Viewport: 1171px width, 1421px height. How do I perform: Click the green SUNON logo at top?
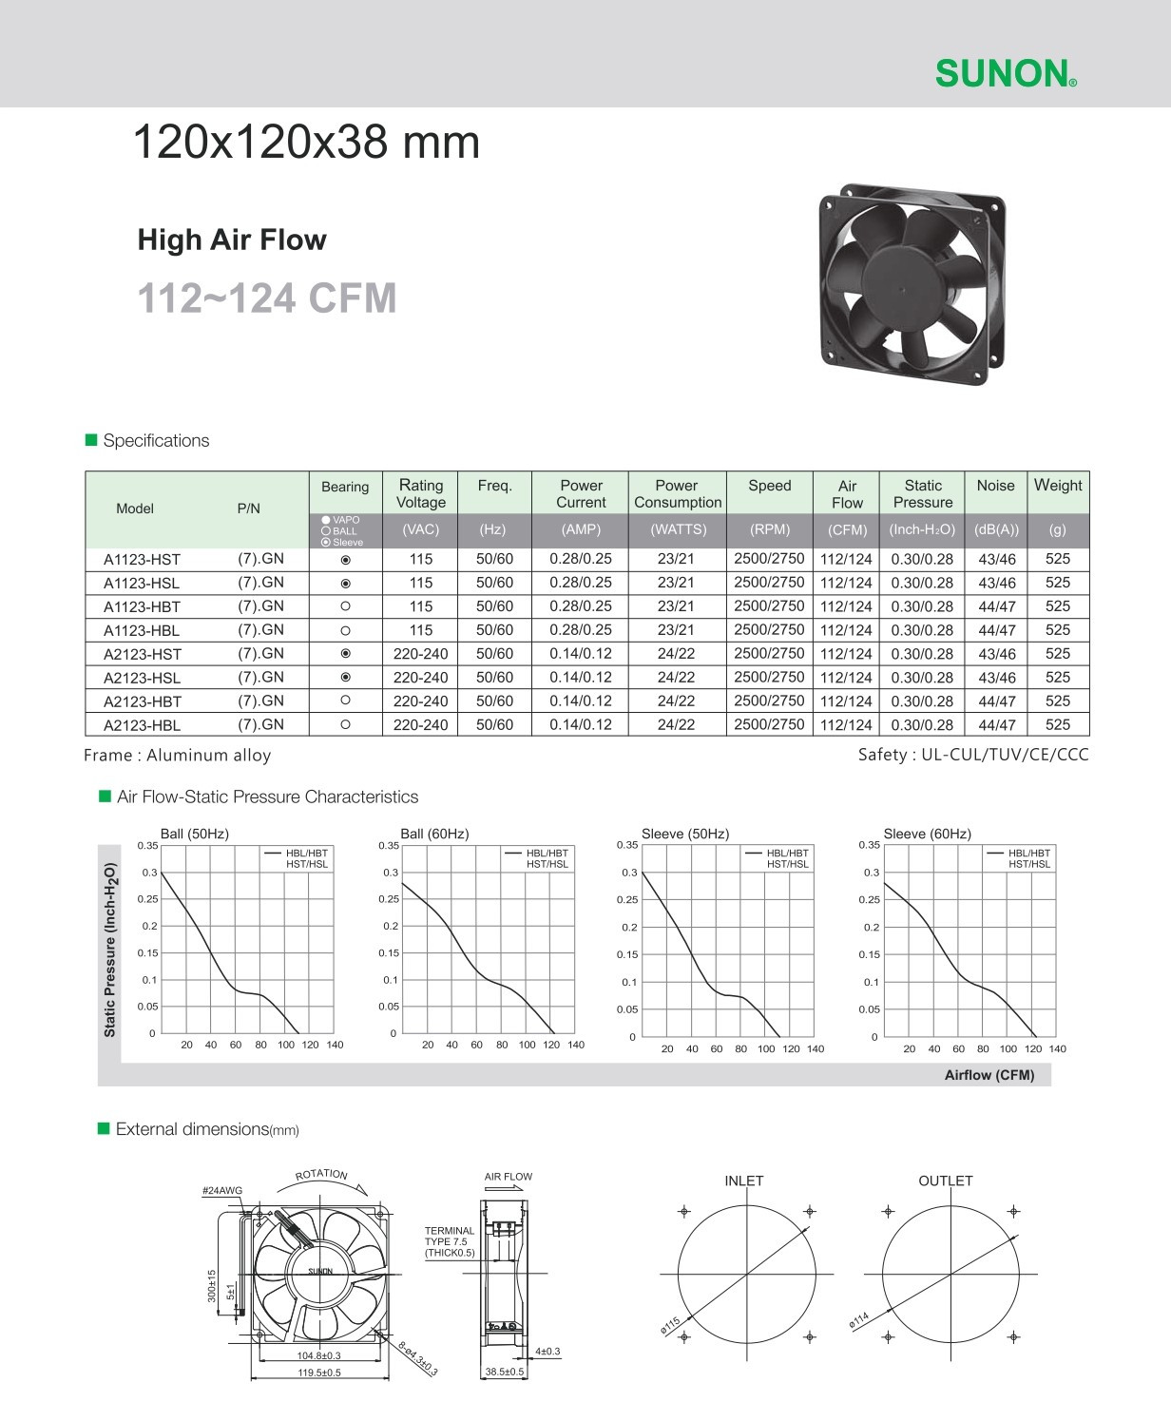[x=1006, y=72]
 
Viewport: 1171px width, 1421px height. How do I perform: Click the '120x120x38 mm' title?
[x=306, y=144]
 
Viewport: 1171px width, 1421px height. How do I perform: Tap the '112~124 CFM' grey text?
[x=267, y=298]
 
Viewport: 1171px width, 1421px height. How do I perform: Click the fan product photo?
[x=912, y=277]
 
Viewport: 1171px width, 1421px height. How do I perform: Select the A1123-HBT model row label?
[x=142, y=606]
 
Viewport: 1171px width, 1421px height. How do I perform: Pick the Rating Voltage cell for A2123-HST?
[x=420, y=654]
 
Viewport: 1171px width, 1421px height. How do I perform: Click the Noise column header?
[x=995, y=486]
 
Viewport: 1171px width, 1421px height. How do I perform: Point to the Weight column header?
[x=1057, y=486]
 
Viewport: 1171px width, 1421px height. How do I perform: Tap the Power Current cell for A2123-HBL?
[x=580, y=724]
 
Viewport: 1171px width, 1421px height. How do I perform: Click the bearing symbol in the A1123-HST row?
[x=345, y=560]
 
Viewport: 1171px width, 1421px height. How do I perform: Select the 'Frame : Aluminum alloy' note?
[x=178, y=756]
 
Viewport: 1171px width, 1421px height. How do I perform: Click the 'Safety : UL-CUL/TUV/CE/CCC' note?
[x=973, y=755]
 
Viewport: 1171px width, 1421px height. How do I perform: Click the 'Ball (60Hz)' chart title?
[x=434, y=834]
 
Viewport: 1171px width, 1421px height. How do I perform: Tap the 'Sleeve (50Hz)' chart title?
[x=684, y=834]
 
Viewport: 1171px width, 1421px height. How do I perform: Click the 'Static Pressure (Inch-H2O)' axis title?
[x=110, y=950]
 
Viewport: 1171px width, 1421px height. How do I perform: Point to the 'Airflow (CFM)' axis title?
[x=989, y=1075]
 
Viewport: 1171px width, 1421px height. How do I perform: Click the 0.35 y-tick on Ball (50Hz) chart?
[x=146, y=845]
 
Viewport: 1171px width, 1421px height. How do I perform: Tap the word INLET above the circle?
[x=743, y=1181]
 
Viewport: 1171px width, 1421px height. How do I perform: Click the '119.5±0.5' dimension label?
[x=319, y=1373]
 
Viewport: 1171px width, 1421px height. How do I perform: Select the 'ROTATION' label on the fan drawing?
[x=321, y=1175]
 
